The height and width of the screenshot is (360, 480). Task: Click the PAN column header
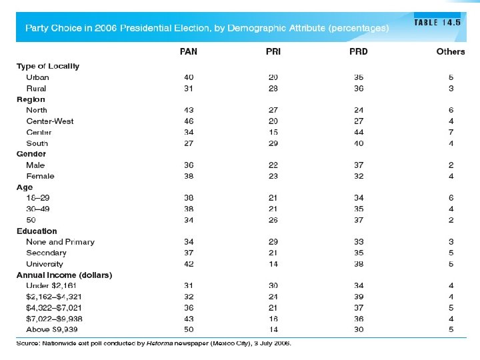(x=189, y=51)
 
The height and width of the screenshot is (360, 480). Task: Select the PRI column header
(x=273, y=51)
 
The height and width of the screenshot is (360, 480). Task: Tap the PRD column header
(x=359, y=51)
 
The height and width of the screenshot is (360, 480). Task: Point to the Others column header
(x=451, y=51)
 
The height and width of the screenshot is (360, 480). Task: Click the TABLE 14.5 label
(x=437, y=22)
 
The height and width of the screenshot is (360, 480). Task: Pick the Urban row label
(x=37, y=77)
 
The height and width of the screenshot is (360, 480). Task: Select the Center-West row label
(x=50, y=121)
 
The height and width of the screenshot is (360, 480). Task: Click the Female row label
(x=40, y=176)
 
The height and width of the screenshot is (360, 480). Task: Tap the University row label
(x=45, y=264)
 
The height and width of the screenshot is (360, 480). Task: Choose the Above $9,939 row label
(x=52, y=329)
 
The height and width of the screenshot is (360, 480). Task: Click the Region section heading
(x=31, y=99)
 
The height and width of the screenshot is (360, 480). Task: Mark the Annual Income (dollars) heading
(x=64, y=275)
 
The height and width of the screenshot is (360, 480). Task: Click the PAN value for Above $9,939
(x=189, y=329)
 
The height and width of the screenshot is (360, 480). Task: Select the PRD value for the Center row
(x=359, y=132)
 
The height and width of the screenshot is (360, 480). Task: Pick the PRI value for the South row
(x=273, y=143)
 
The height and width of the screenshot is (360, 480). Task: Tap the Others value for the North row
(x=451, y=110)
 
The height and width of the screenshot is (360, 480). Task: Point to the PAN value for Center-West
(x=189, y=121)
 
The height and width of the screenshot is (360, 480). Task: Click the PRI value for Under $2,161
(x=273, y=286)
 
